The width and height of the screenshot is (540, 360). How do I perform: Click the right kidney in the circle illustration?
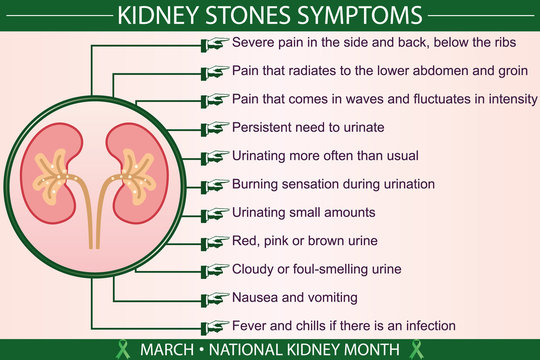(x=129, y=165)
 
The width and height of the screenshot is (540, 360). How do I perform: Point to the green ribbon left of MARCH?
(x=124, y=348)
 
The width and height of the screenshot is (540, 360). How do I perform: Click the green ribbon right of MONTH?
(x=416, y=348)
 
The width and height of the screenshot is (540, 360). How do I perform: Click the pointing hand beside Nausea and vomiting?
(x=214, y=298)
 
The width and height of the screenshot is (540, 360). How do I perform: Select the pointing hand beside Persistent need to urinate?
(x=214, y=128)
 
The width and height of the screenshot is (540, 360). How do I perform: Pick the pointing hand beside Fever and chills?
(x=214, y=326)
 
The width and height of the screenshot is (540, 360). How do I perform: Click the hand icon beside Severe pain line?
(x=214, y=43)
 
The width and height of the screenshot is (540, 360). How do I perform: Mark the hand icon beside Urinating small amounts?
(x=214, y=213)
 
